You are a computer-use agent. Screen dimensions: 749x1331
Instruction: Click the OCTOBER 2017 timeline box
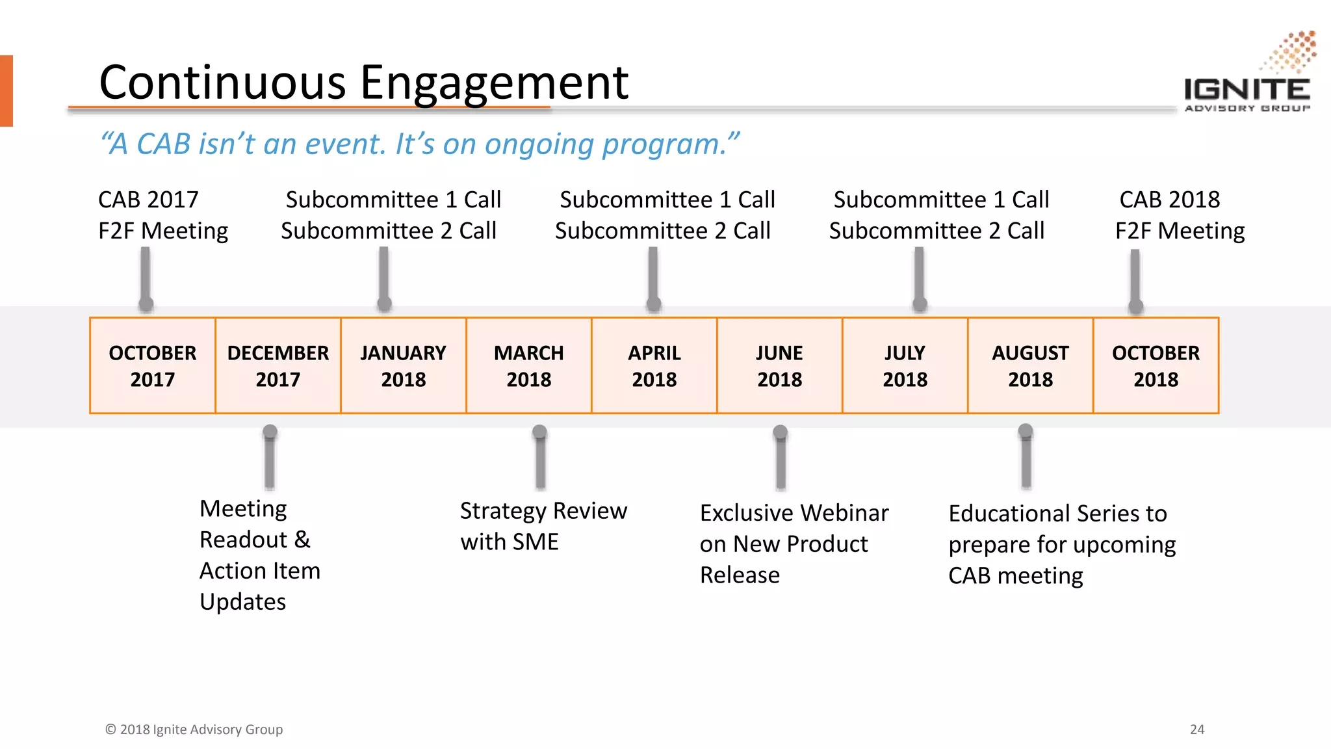coord(153,365)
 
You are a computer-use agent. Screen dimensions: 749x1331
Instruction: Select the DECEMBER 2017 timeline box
coord(278,365)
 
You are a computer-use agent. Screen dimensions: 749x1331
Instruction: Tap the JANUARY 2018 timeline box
coord(404,365)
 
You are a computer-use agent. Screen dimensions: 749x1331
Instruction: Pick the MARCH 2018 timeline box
coord(529,365)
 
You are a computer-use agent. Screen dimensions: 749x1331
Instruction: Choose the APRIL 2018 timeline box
coord(654,365)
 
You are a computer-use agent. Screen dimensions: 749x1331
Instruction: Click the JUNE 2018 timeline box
coord(780,365)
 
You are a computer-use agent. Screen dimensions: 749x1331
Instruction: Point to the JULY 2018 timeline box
coord(905,365)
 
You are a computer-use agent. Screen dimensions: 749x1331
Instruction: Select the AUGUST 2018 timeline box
coord(1031,365)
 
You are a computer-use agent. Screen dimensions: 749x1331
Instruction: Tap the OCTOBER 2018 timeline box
coord(1156,365)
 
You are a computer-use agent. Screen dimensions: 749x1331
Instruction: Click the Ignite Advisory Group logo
coord(1248,75)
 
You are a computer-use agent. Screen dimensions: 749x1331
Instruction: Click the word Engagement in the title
coord(494,83)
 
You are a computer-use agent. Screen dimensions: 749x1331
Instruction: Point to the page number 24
coord(1197,729)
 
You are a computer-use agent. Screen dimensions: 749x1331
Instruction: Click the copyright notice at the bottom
coord(194,729)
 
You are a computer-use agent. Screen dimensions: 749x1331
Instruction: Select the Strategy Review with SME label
coord(543,526)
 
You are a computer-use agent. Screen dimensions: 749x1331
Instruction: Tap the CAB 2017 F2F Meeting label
coord(162,215)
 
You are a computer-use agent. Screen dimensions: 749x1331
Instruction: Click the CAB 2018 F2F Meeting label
coord(1179,215)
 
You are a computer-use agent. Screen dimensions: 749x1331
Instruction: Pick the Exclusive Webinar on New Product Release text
coord(793,544)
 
